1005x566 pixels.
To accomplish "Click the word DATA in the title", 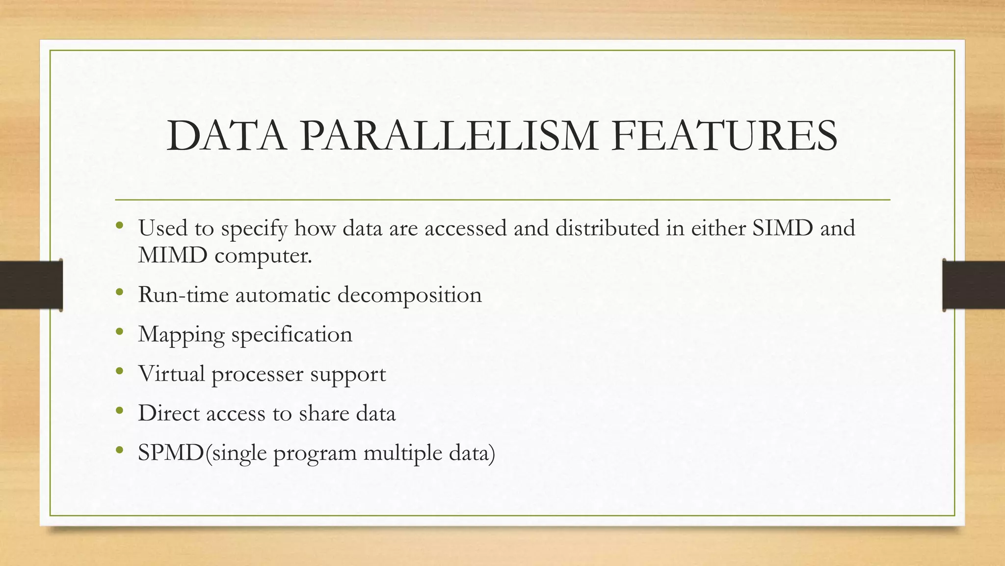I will click(x=226, y=136).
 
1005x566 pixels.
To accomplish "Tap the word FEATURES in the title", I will click(x=724, y=136).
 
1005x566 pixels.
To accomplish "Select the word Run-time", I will click(x=183, y=295).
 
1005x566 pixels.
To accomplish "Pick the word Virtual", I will click(x=171, y=373).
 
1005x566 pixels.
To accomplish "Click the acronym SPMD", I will click(x=170, y=453).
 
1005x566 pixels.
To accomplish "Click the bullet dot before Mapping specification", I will click(x=119, y=332).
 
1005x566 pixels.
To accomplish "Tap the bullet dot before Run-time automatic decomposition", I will click(x=119, y=293).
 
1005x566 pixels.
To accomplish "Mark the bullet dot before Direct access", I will click(x=119, y=411).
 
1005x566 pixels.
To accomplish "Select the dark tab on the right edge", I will click(x=974, y=285).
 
